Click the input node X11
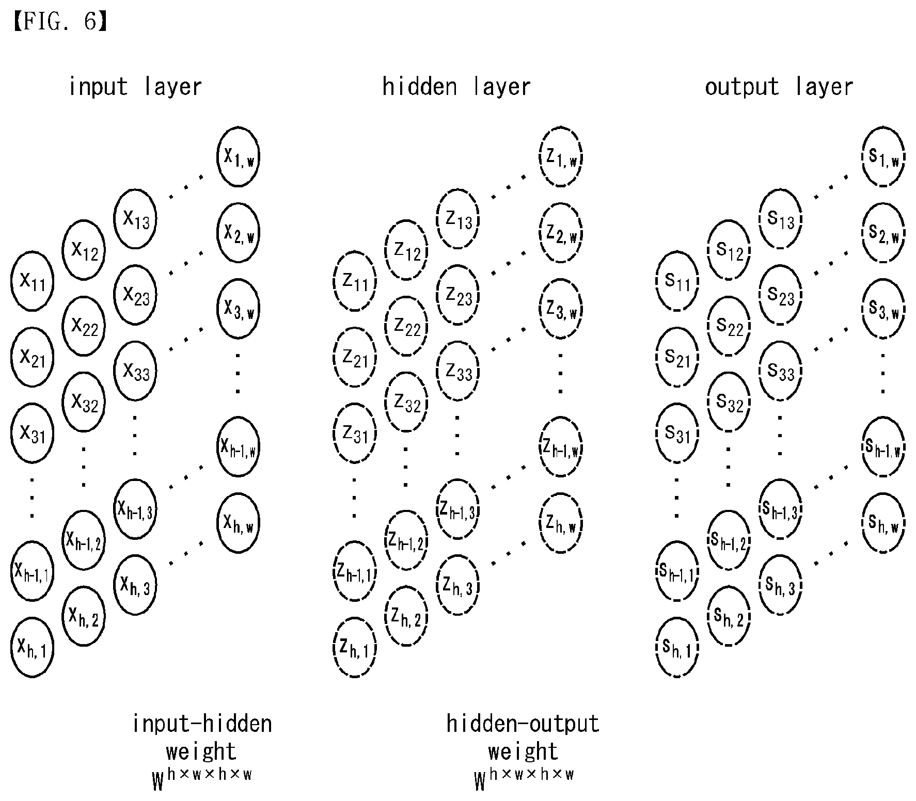click(32, 281)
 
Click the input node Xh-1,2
click(84, 540)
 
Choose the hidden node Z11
click(355, 281)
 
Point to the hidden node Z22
click(406, 326)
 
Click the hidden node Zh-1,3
click(458, 509)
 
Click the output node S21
click(677, 357)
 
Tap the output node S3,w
click(883, 309)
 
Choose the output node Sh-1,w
click(883, 447)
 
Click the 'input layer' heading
click(135, 87)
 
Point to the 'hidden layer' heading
click(456, 87)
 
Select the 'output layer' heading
click(779, 87)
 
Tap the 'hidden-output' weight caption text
click(523, 724)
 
